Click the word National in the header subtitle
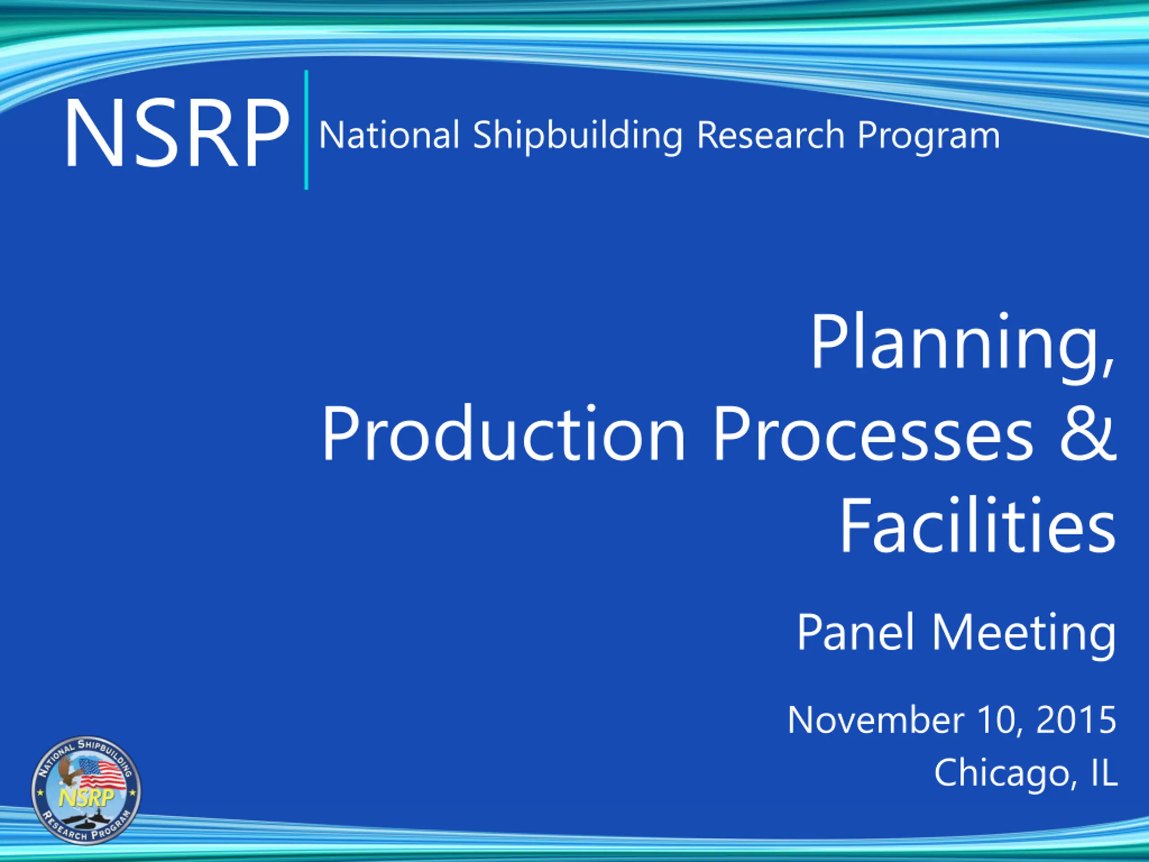click(x=389, y=135)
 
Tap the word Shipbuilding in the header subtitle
click(x=577, y=136)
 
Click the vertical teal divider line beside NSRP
click(x=306, y=129)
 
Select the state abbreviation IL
click(x=1103, y=772)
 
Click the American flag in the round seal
click(x=102, y=773)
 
